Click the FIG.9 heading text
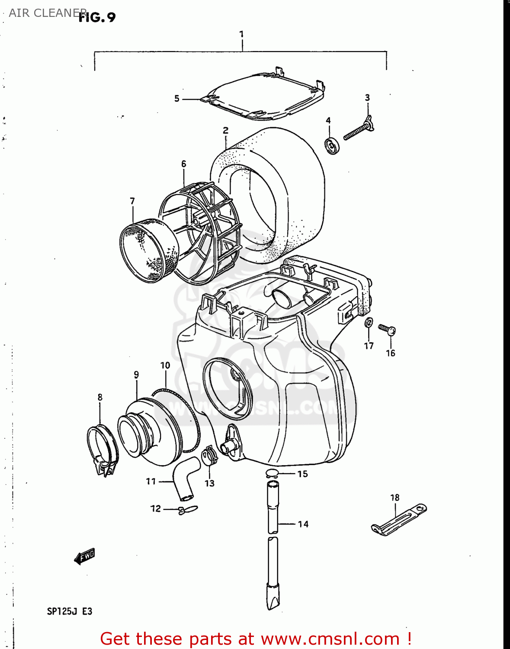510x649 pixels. click(x=97, y=17)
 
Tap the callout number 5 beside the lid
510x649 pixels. click(x=176, y=99)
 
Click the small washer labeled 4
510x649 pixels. click(x=332, y=145)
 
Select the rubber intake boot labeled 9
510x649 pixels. click(x=147, y=433)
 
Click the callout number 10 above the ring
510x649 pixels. click(x=165, y=366)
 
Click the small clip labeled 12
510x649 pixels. click(x=188, y=510)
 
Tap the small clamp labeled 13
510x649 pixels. click(x=209, y=456)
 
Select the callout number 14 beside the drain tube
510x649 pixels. click(x=303, y=524)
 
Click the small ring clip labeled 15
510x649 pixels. click(x=272, y=473)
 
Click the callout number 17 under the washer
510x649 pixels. click(x=369, y=346)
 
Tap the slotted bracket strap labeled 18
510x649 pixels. click(x=398, y=519)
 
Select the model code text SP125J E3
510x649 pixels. click(x=70, y=611)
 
